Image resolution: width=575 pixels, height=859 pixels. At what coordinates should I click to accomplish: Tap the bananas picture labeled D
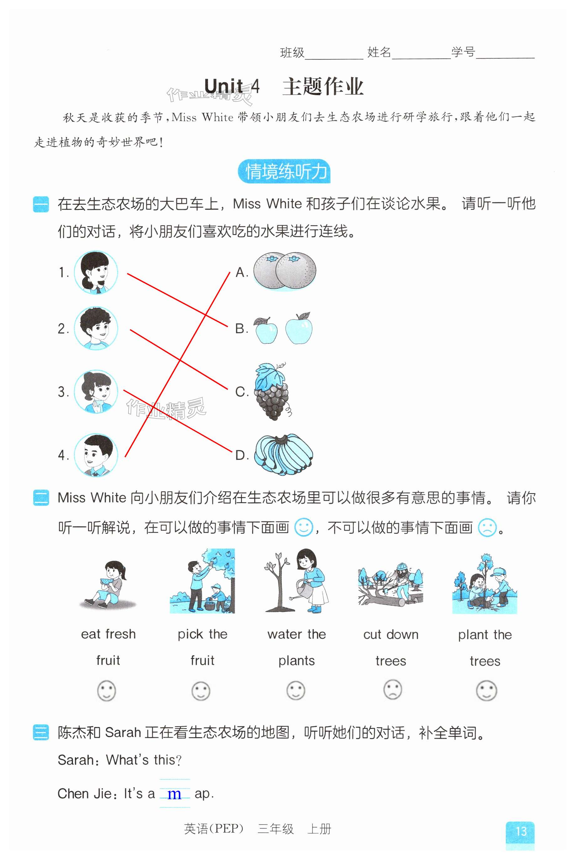[284, 455]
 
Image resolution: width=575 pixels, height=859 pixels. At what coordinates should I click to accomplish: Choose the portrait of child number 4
[96, 455]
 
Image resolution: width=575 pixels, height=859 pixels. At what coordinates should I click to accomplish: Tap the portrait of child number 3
[96, 392]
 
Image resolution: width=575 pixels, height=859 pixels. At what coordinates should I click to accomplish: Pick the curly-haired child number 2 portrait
[96, 328]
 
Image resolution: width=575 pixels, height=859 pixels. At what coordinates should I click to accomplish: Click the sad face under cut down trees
[392, 690]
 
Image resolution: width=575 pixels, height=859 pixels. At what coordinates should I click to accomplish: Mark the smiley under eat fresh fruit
[106, 691]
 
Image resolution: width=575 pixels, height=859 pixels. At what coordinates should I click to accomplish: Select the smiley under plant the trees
[486, 691]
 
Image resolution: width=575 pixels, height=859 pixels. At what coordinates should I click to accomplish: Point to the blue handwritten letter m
[174, 794]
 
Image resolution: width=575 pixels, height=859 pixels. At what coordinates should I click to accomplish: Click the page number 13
[521, 831]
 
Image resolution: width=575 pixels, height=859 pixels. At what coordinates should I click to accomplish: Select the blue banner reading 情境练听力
[284, 171]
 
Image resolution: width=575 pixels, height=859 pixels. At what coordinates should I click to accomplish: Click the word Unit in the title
[223, 86]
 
